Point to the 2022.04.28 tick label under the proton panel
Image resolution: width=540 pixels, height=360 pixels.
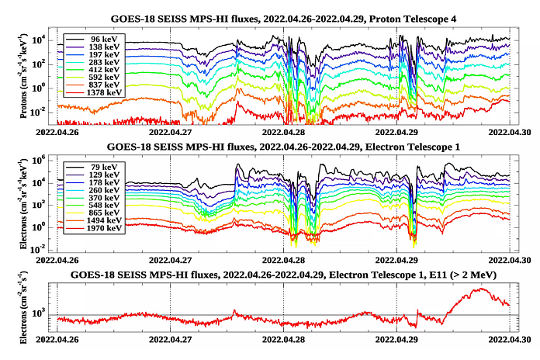(x=284, y=131)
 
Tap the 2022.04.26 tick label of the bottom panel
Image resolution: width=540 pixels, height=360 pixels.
(x=57, y=338)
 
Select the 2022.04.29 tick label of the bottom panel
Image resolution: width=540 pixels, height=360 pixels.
(x=397, y=338)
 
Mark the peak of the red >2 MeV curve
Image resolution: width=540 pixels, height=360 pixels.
(x=482, y=289)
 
